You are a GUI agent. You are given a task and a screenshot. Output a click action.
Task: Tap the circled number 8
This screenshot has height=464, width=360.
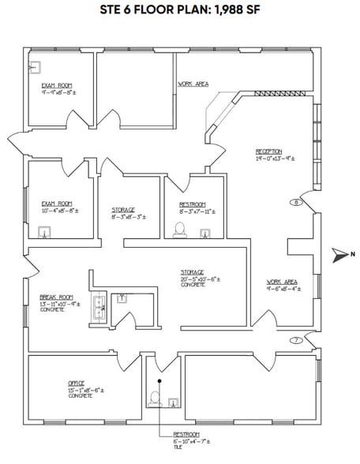click(296, 202)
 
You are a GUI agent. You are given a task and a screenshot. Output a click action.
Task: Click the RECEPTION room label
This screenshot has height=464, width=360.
click(268, 152)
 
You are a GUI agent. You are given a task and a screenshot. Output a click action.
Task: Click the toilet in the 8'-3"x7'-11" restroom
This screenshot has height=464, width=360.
click(179, 230)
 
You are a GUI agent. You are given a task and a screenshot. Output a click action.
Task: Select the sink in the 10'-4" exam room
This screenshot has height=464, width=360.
click(46, 232)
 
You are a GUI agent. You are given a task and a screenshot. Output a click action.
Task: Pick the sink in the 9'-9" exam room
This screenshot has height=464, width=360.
click(35, 66)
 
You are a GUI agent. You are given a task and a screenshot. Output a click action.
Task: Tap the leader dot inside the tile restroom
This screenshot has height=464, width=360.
click(159, 382)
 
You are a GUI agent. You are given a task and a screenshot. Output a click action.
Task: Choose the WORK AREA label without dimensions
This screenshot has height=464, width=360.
click(193, 83)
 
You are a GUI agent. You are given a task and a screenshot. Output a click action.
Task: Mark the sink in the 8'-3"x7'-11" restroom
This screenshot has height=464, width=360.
click(205, 232)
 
